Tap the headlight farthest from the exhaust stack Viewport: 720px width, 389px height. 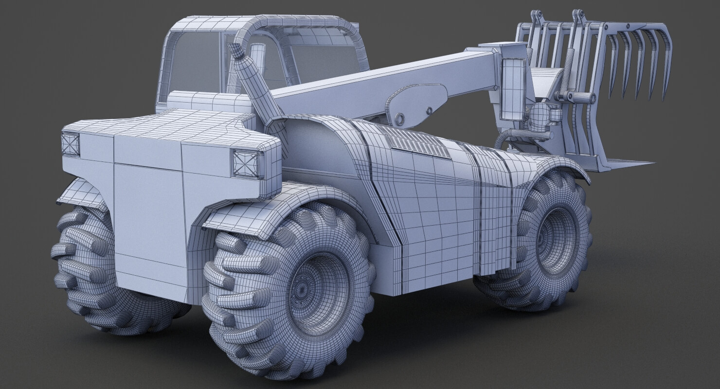point(71,144)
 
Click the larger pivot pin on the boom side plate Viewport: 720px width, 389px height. point(400,118)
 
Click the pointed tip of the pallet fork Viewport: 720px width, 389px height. point(649,163)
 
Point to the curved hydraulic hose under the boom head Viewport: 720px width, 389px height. point(508,136)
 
